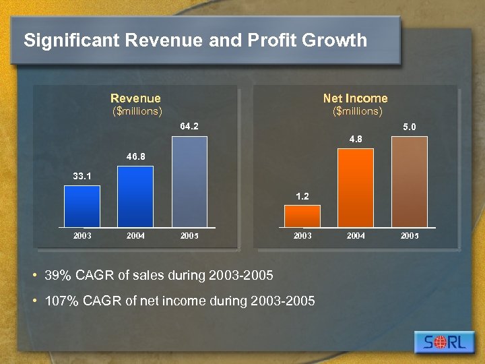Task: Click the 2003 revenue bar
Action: click(x=82, y=206)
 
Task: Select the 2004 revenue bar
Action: click(x=135, y=196)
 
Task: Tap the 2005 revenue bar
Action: click(x=189, y=182)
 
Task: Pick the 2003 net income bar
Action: click(x=302, y=216)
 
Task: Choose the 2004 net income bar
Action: click(x=356, y=187)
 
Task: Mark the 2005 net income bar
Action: click(x=410, y=182)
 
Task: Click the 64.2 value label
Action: click(x=189, y=126)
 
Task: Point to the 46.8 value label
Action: click(x=135, y=156)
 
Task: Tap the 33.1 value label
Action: click(x=82, y=176)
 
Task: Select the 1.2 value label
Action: click(x=302, y=196)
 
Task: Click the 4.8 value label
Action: click(x=356, y=139)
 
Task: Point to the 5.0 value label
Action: click(x=410, y=127)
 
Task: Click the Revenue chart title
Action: click(x=136, y=98)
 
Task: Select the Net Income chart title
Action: click(x=356, y=98)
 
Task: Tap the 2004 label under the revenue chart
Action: click(x=135, y=236)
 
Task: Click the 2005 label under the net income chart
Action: click(x=410, y=236)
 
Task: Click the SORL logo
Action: click(x=445, y=342)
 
